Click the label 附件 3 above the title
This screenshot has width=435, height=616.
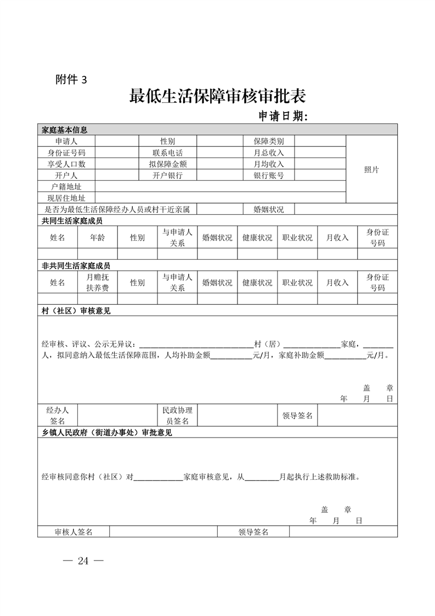(71, 80)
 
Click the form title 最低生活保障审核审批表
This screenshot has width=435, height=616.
(217, 97)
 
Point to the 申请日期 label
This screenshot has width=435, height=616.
(283, 116)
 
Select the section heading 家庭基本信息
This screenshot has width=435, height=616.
(65, 130)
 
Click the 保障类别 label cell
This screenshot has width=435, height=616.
(269, 141)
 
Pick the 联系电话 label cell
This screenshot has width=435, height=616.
(168, 153)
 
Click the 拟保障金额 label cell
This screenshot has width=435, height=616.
(168, 164)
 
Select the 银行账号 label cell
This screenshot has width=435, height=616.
(269, 176)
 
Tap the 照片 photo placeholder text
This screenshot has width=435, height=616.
(371, 170)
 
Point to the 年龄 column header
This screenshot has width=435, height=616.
(98, 238)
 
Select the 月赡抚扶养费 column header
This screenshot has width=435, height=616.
(98, 283)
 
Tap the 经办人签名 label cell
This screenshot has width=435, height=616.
(58, 416)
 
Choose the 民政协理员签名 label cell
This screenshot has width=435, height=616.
(177, 416)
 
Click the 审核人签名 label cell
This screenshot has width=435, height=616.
(74, 532)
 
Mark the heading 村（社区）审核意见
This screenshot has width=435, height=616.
(76, 311)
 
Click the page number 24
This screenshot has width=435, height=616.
(83, 561)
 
